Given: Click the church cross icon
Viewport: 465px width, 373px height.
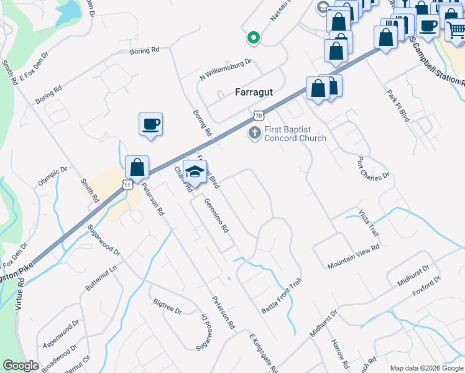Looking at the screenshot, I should tap(254, 133).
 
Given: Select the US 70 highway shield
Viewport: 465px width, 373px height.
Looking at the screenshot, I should tap(259, 115).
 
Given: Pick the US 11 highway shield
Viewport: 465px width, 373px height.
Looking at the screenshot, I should tap(127, 185).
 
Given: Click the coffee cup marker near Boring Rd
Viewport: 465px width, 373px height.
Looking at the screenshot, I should tap(150, 124).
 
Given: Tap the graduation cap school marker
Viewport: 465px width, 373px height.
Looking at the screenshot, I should tap(195, 172).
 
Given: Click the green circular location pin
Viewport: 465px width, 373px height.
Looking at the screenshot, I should tap(253, 38).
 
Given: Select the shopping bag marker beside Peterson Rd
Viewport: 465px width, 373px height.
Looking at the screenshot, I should tap(137, 167).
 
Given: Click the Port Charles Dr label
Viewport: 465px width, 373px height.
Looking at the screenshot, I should tap(372, 167).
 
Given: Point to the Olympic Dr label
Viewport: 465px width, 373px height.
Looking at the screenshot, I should tap(52, 177).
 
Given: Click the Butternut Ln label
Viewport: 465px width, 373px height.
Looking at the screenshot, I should tap(101, 280).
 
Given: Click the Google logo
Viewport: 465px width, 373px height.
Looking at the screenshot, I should tap(21, 365).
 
